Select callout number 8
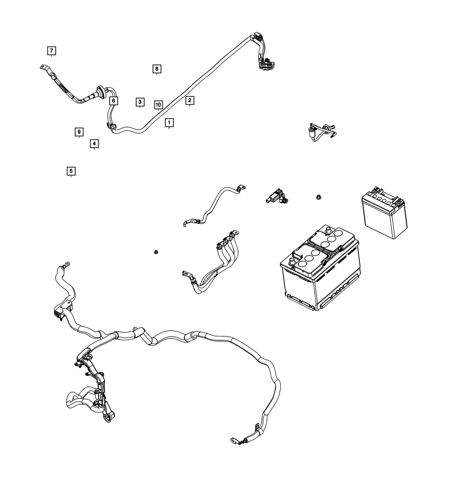point(156,69)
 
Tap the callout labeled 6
point(113,100)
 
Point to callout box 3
point(140,102)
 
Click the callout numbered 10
point(158,105)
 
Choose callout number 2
point(189,100)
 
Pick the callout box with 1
point(169,122)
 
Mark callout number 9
point(79,132)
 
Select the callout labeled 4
point(94,144)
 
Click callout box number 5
point(71,171)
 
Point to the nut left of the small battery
point(318,197)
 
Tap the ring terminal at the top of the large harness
point(66,263)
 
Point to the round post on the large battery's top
point(291,262)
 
